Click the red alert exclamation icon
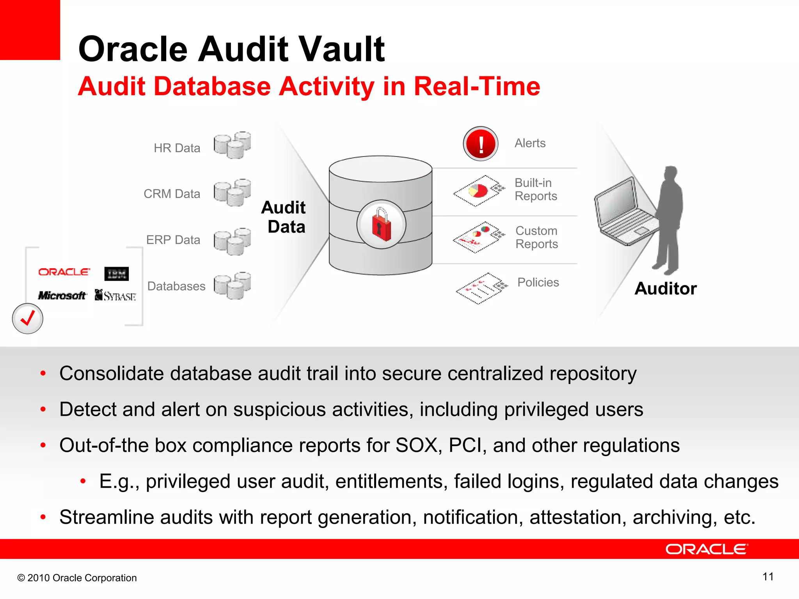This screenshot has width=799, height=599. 481,144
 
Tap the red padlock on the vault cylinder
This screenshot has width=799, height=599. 381,225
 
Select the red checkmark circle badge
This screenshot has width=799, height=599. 27,319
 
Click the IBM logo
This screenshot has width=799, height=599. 116,274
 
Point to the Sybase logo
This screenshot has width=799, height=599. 115,296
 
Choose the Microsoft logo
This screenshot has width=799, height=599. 62,296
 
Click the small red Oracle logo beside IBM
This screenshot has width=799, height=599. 64,272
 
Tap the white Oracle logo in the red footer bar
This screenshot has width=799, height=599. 706,549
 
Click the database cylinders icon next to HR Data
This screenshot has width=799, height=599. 232,145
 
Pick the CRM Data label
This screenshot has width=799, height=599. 172,194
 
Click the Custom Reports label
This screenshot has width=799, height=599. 536,237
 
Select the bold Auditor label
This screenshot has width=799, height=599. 666,289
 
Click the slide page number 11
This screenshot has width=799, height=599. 768,577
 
